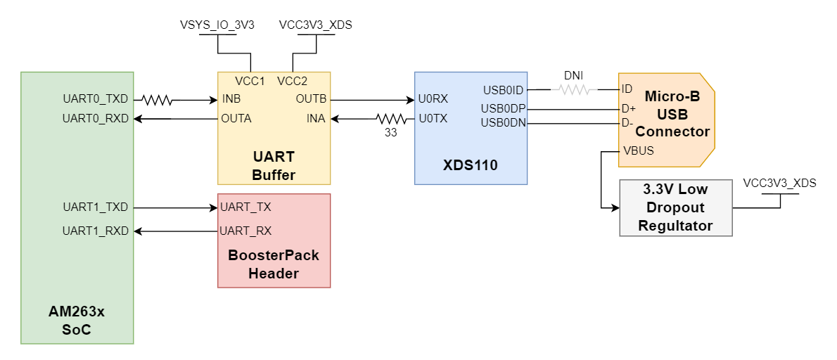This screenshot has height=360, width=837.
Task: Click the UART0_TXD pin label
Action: click(x=95, y=100)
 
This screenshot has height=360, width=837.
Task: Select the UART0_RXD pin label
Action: click(x=95, y=118)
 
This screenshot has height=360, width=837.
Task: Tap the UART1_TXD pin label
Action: click(x=95, y=207)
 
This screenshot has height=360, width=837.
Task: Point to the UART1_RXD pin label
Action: click(x=95, y=231)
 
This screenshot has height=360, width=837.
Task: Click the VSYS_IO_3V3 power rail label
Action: click(x=217, y=25)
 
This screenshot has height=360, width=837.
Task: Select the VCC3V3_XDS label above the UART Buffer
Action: click(x=315, y=25)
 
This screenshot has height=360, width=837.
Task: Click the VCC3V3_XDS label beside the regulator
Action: click(x=779, y=184)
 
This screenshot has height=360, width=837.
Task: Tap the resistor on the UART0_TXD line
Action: click(x=158, y=101)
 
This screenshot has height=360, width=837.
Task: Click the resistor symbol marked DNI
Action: click(x=576, y=89)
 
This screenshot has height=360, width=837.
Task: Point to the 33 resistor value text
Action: click(x=390, y=132)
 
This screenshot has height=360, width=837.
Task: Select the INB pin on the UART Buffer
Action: click(x=231, y=98)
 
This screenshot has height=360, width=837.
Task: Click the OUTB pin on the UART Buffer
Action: click(x=311, y=98)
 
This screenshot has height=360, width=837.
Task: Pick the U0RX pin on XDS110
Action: click(x=433, y=99)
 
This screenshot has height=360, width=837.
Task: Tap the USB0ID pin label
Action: click(x=503, y=90)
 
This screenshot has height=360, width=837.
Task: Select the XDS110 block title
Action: click(x=470, y=166)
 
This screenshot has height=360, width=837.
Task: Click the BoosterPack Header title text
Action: click(x=274, y=264)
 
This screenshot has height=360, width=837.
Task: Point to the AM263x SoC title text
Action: click(x=77, y=321)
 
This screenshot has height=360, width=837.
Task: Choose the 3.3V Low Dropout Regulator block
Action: click(x=675, y=207)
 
